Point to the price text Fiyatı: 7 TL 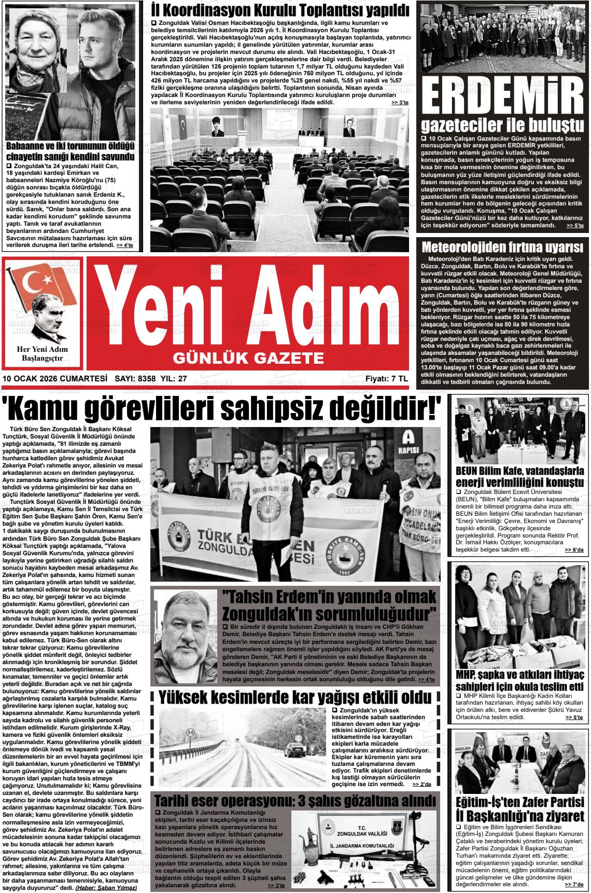[x=386, y=379]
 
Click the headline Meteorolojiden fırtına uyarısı [x=502, y=246]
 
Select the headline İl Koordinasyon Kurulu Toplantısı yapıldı [x=280, y=10]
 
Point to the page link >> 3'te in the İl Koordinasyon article [x=400, y=103]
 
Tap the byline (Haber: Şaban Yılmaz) [x=106, y=887]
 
